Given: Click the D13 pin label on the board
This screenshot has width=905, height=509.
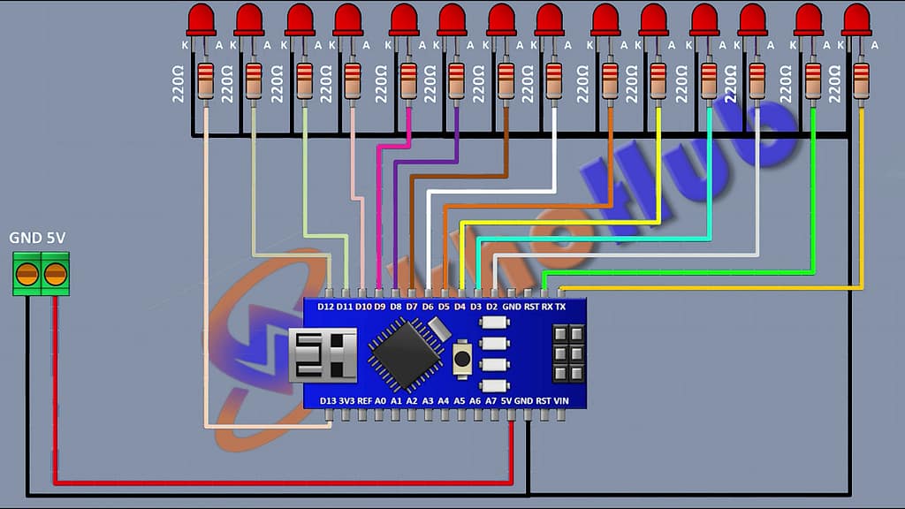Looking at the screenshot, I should coord(327,400).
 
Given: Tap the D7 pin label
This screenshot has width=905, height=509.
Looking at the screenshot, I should coord(412,307).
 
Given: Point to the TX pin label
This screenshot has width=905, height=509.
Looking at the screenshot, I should coord(560,307).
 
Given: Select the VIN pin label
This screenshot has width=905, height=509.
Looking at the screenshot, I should coord(560,400).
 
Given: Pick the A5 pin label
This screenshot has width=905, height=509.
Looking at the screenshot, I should coord(460,400).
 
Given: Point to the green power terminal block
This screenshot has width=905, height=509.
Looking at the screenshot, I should coord(41,273).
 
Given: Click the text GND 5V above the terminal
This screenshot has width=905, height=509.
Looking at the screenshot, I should coord(37,238).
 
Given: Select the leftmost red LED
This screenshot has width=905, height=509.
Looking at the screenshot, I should coord(203,19).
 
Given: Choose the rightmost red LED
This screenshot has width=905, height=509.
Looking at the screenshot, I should coord(856,19).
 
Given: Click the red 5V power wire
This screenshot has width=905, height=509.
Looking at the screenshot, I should coord(265,482).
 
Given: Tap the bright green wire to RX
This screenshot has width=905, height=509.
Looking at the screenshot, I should coord(707,272).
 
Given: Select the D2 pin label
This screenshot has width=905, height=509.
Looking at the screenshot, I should coord(492,307).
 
